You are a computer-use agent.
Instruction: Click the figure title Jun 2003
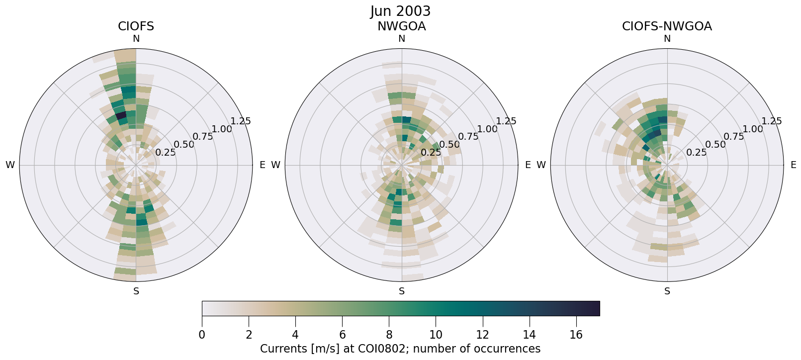click(400, 11)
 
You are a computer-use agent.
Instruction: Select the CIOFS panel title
click(136, 26)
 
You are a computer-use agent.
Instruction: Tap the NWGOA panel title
click(401, 26)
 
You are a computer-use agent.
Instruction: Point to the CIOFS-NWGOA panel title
click(667, 26)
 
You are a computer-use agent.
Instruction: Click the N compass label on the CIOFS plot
click(136, 39)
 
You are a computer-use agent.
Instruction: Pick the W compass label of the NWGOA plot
click(276, 165)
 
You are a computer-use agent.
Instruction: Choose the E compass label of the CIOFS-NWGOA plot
click(793, 165)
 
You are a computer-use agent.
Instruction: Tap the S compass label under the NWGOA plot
click(401, 291)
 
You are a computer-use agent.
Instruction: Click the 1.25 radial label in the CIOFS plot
click(241, 121)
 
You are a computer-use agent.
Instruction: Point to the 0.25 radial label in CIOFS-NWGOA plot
click(696, 153)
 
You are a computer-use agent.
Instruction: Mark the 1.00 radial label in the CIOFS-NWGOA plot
click(752, 129)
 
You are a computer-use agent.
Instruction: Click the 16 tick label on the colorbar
click(576, 335)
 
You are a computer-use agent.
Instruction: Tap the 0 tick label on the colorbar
click(202, 335)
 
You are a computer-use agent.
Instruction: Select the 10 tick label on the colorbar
click(436, 335)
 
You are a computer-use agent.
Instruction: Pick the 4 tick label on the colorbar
click(295, 335)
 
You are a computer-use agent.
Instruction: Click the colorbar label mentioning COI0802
click(400, 349)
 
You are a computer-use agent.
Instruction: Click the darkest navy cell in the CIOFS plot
click(121, 116)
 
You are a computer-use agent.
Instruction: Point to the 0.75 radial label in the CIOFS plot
click(203, 137)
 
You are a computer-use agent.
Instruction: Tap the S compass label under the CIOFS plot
click(136, 291)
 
